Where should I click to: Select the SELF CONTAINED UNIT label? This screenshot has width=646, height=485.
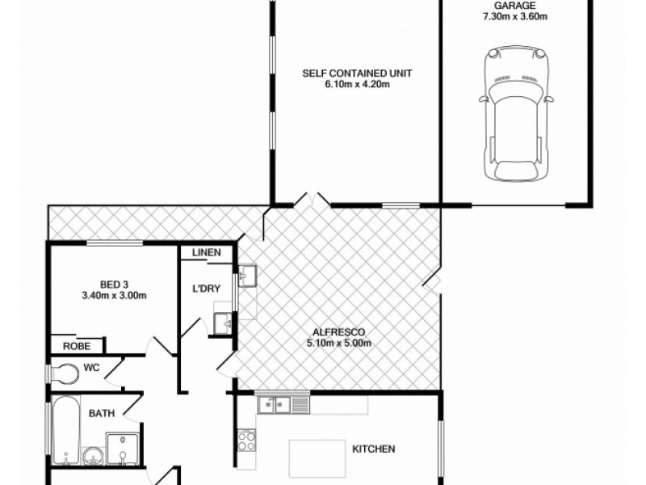click(x=358, y=74)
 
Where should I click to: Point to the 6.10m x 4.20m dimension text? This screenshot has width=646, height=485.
click(x=358, y=84)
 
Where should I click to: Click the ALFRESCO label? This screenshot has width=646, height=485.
click(x=338, y=332)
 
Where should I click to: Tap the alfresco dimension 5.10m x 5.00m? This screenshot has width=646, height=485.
click(x=338, y=343)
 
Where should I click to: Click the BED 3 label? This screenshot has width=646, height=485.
click(x=114, y=285)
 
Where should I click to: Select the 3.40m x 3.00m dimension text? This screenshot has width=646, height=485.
click(x=114, y=295)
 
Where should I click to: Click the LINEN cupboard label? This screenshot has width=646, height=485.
click(x=207, y=253)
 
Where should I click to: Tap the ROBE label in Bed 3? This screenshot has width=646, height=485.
click(x=78, y=346)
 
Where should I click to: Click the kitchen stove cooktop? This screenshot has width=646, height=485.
click(x=246, y=441)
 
